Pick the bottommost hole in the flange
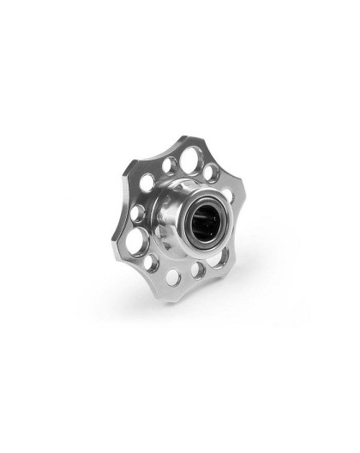172,277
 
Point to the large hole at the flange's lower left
135,243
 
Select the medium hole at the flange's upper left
147,182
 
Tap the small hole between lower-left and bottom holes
152,263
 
